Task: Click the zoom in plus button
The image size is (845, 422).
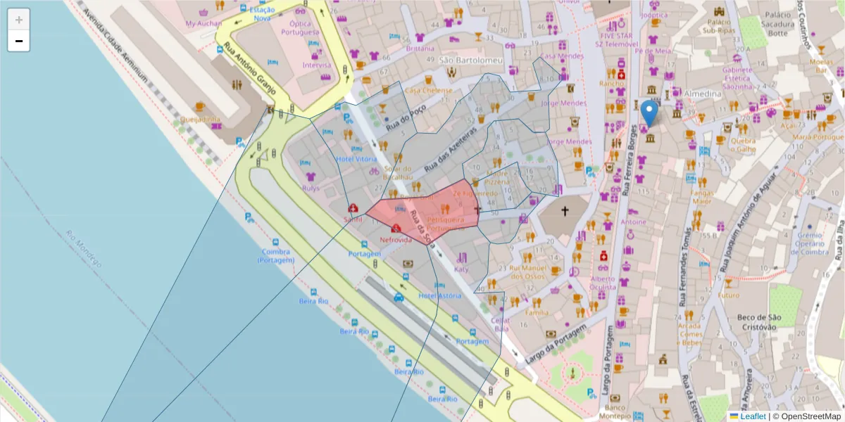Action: (19, 20)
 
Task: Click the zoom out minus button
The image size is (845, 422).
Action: (19, 41)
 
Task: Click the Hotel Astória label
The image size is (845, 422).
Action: (440, 296)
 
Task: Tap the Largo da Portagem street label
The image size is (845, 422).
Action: (556, 345)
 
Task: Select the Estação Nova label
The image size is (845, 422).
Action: (262, 14)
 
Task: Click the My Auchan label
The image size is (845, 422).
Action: (203, 23)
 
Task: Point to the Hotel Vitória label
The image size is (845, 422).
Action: (356, 159)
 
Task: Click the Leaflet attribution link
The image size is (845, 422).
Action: (753, 416)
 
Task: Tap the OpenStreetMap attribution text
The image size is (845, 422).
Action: (806, 416)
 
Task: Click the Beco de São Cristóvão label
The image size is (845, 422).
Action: (756, 322)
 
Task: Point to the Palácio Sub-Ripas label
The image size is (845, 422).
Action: (725, 26)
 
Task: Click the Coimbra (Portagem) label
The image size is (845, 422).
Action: (275, 255)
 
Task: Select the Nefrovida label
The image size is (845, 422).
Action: (395, 240)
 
